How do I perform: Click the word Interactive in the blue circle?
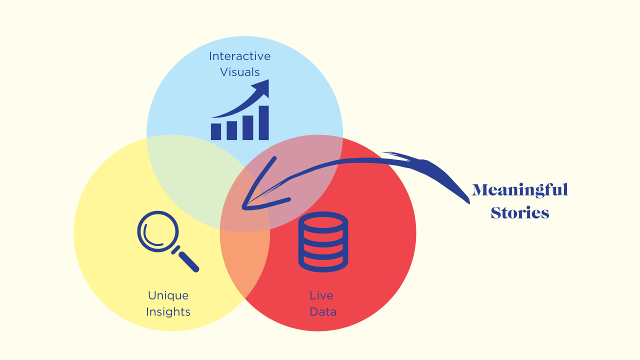[x=239, y=56]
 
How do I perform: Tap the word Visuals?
[x=240, y=72]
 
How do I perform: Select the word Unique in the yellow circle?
[x=168, y=295]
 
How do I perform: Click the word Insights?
[x=168, y=312]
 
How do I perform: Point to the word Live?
[x=321, y=295]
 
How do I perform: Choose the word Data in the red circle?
[x=323, y=312]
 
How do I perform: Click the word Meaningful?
[x=520, y=190]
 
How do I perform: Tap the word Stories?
[x=520, y=213]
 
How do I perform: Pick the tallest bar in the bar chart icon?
[x=263, y=123]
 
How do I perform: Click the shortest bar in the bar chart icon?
[x=216, y=131]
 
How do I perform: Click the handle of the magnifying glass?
[x=188, y=261]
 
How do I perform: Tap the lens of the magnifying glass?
[x=158, y=231]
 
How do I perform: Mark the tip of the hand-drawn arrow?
[x=243, y=207]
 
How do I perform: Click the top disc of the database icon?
[x=323, y=221]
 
